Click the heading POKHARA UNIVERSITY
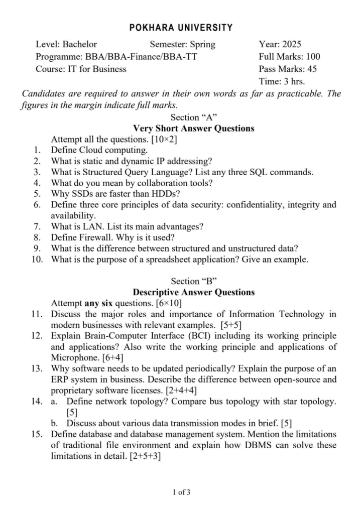point(181,28)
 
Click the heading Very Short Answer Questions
point(193,128)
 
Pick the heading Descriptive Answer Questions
point(193,292)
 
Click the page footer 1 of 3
point(181,492)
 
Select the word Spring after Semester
point(201,44)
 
